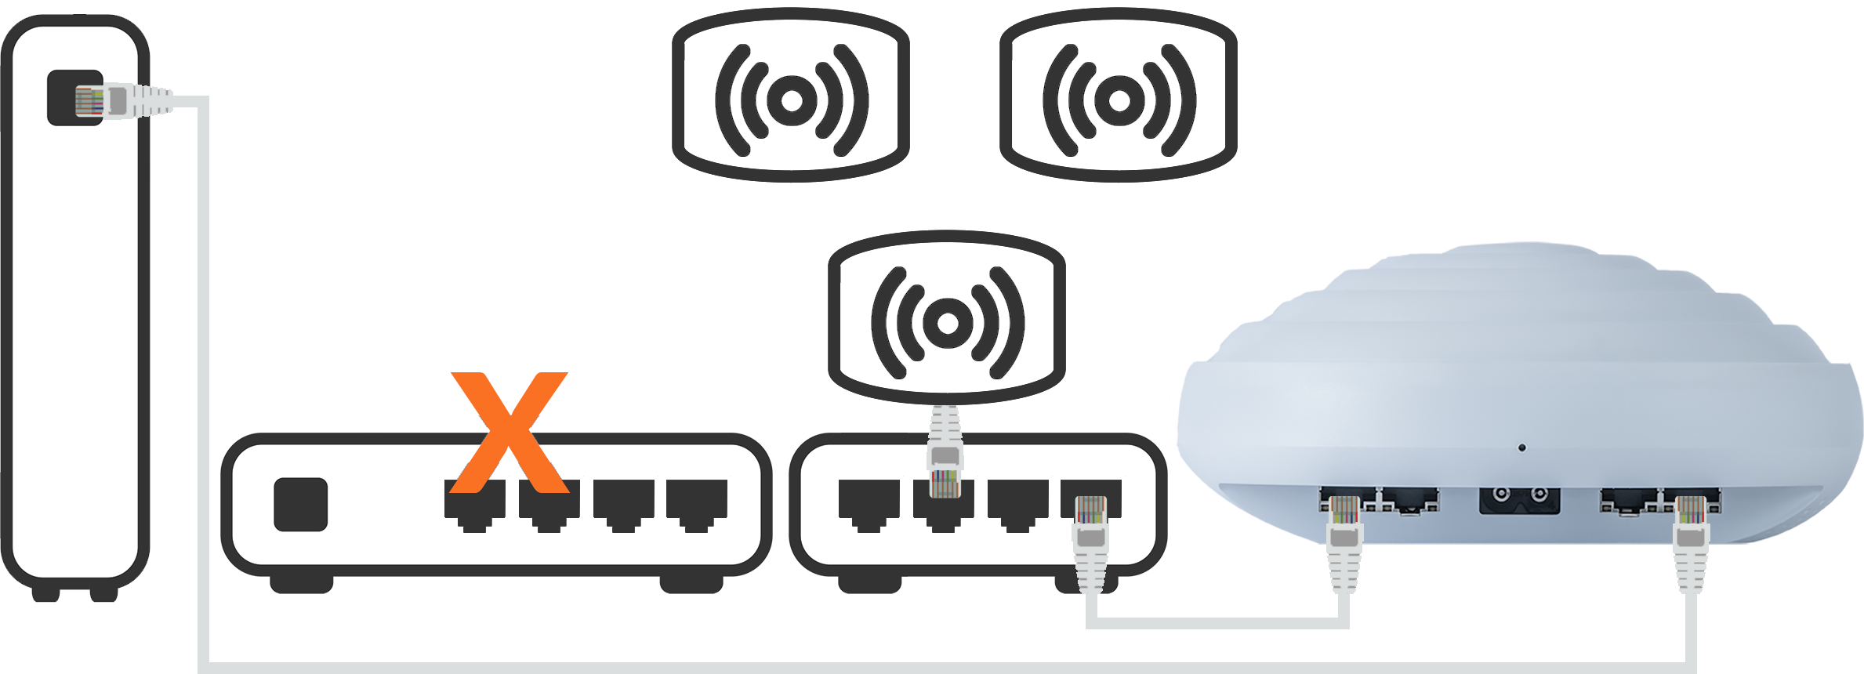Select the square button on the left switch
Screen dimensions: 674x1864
300,504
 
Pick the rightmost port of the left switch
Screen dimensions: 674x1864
697,504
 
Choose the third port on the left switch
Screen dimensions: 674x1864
623,504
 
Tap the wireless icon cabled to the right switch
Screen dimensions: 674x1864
947,321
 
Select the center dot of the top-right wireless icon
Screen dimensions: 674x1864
1119,100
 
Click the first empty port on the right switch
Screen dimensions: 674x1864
869,504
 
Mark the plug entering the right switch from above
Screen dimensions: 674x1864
944,462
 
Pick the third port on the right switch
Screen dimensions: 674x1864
1017,504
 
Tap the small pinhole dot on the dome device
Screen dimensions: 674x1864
1521,448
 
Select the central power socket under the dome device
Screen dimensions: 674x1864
1519,499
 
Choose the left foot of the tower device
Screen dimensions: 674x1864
45,593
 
